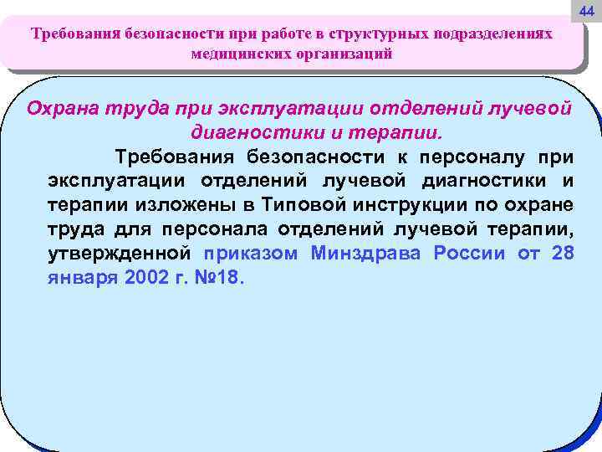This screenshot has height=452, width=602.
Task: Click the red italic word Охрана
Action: pyautogui.click(x=63, y=110)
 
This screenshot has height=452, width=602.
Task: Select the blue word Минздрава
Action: pyautogui.click(x=367, y=254)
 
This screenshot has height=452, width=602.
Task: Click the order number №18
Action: pyautogui.click(x=217, y=278)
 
